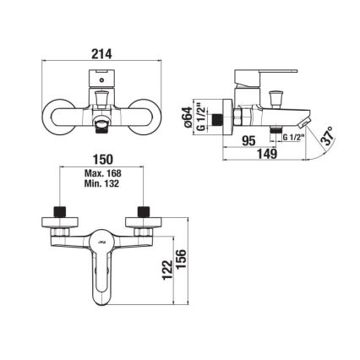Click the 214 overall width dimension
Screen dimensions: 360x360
pos(101,52)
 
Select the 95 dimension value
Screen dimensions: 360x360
pos(251,142)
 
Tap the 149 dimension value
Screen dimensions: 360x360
pos(269,153)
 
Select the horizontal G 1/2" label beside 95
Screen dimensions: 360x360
pos(295,137)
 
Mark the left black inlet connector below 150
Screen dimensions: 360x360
pos(61,209)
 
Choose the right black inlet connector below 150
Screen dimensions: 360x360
pos(142,209)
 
